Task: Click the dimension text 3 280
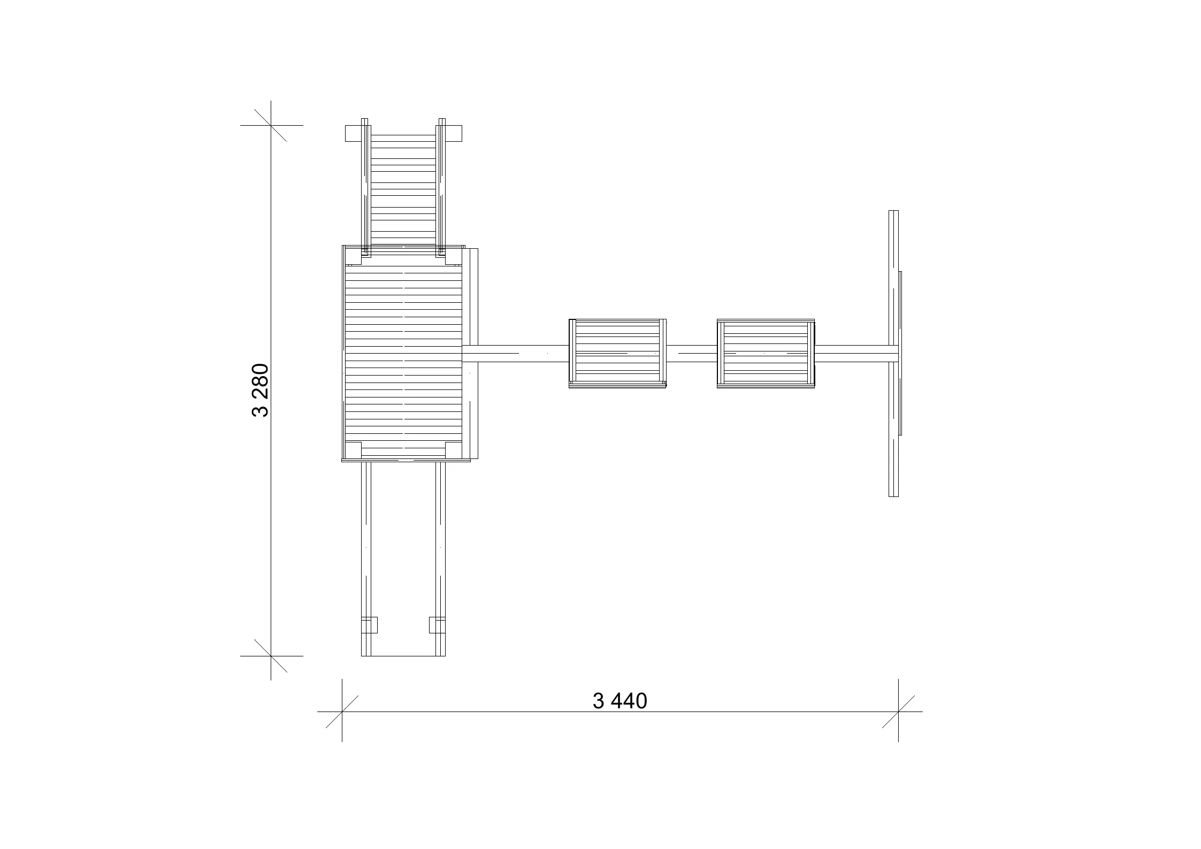point(260,390)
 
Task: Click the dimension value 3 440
point(620,701)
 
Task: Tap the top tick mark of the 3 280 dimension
point(271,125)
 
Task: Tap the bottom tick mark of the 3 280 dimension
point(271,656)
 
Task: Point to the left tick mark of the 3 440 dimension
point(342,712)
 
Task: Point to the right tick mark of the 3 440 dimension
point(898,712)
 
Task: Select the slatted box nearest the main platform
point(617,353)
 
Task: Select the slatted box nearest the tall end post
point(766,353)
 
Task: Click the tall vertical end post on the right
point(893,353)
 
